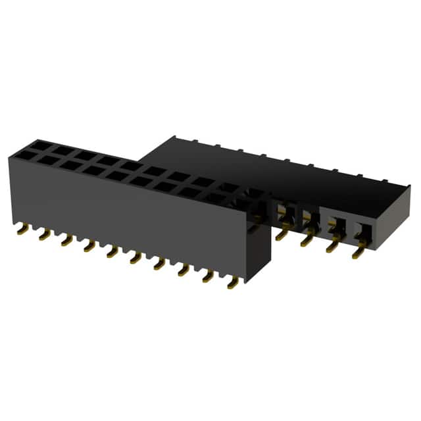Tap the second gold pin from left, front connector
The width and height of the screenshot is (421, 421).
(x=43, y=235)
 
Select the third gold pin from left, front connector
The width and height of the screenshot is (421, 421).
(x=65, y=241)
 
